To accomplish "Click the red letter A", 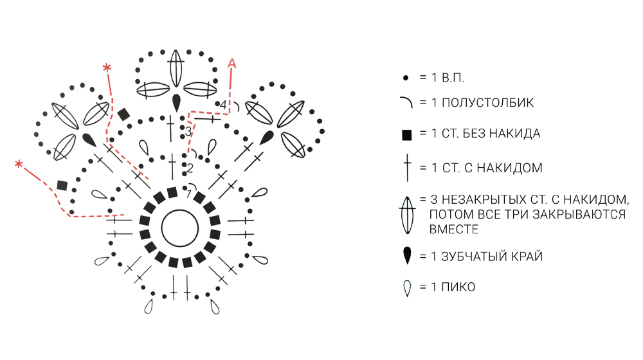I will coord(232,62).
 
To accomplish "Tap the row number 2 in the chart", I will coord(190,168).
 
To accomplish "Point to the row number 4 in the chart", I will coord(223,104).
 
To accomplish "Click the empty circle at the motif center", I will coord(180,228).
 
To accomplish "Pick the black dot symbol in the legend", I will coord(406,78).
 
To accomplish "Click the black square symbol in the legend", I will coord(406,135).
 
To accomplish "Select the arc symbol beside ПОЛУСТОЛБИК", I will coord(406,102).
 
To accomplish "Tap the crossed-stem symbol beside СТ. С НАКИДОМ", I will coord(406,168).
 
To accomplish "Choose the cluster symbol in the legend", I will coord(406,214).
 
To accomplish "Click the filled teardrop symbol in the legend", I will coord(406,256).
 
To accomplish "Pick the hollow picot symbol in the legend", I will coord(406,288).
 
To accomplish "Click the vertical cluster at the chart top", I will coord(175,67).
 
